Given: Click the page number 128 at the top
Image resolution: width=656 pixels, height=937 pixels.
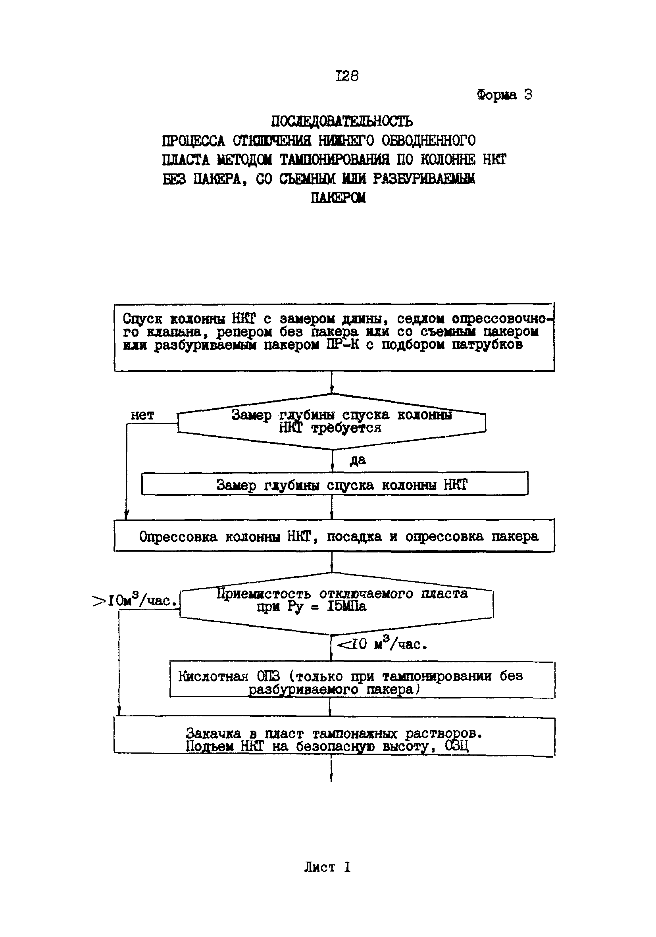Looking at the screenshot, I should (346, 76).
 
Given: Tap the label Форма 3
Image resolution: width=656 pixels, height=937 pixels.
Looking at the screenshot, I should (504, 95).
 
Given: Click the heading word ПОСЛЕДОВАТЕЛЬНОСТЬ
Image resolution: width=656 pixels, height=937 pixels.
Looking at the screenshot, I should (342, 121).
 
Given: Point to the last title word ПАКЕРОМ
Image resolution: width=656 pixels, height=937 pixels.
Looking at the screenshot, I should (338, 198).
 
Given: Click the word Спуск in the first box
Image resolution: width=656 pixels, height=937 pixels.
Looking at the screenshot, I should (142, 319).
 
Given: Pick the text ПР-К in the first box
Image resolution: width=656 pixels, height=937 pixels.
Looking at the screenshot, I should (342, 345).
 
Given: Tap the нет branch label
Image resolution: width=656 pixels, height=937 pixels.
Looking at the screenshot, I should (142, 416).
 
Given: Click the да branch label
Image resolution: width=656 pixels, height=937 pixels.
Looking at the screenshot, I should (358, 460).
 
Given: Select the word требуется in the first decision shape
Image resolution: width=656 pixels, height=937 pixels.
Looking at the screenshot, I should (346, 428).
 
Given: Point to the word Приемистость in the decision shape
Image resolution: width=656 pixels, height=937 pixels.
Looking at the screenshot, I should (263, 593).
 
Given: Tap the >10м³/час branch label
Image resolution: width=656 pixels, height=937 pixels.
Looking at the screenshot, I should (136, 601).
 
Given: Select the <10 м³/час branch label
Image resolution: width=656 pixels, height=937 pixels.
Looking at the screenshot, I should (382, 645).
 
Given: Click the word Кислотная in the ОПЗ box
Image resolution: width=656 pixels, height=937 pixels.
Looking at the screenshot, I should (213, 676).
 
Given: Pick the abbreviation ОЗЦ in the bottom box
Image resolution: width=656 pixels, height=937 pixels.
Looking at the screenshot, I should (456, 747).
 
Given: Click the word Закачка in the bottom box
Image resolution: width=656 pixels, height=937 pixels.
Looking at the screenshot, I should (213, 733).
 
